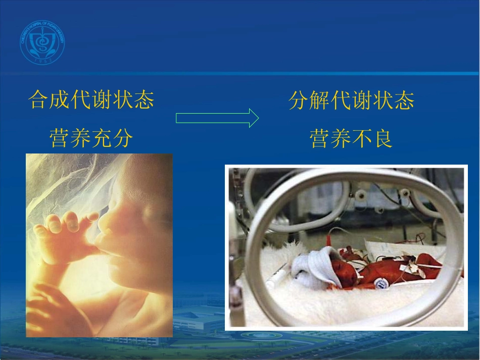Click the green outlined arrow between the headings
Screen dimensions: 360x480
(217, 118)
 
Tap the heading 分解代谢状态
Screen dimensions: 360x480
(352, 100)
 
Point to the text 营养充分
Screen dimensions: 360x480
(91, 138)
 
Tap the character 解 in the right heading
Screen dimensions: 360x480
(320, 100)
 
